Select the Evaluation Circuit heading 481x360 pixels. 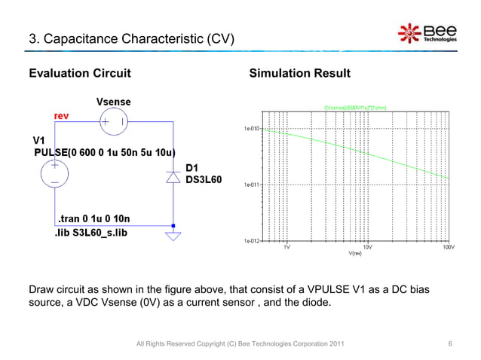point(80,74)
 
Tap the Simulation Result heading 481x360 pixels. point(299,74)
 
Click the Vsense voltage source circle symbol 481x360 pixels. point(114,121)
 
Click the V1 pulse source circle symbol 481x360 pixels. point(55,174)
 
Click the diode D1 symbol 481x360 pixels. point(173,177)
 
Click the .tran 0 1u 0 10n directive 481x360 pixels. point(90,219)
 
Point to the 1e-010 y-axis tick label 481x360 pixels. point(251,129)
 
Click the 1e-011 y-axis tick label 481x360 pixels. point(251,185)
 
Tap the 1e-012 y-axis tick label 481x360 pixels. point(251,241)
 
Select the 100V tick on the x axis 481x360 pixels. point(447,247)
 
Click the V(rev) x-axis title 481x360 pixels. point(357,254)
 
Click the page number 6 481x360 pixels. point(450,344)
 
